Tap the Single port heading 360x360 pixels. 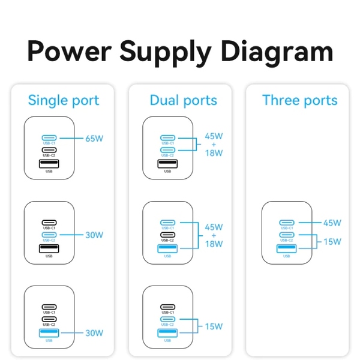coord(64,100)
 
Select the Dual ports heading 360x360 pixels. coord(184,100)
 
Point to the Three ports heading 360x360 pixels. coord(300,100)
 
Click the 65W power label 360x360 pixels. coord(94,138)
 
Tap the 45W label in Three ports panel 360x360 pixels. coord(332,223)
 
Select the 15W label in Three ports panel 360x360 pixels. coord(332,241)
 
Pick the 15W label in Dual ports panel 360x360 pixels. coord(214,326)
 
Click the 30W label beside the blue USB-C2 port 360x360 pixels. coord(94,235)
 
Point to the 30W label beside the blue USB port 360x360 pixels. coord(94,332)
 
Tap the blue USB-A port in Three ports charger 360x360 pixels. coord(287,248)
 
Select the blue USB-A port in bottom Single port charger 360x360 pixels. coord(49,332)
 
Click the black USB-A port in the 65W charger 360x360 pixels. coord(49,164)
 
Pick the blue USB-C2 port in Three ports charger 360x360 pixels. coord(287,235)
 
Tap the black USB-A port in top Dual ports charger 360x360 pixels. coord(167,164)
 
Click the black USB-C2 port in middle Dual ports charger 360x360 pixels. coord(167,235)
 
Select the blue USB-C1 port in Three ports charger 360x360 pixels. coord(287,222)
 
